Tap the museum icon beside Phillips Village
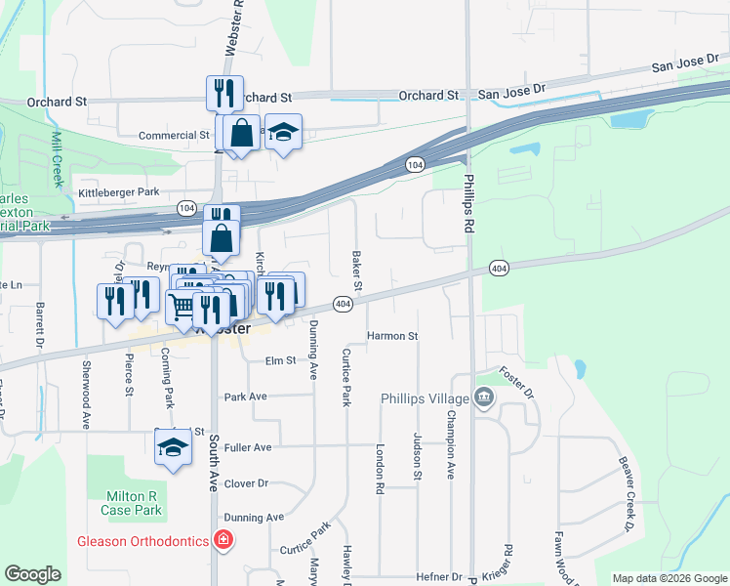[x=483, y=398]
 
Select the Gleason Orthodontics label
[x=143, y=541]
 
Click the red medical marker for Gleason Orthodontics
[x=223, y=540]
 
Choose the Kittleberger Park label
[x=118, y=192]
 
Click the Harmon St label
[x=392, y=336]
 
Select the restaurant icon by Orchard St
[x=224, y=93]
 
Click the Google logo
[x=32, y=574]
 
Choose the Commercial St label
[x=175, y=136]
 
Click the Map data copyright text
[x=669, y=578]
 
